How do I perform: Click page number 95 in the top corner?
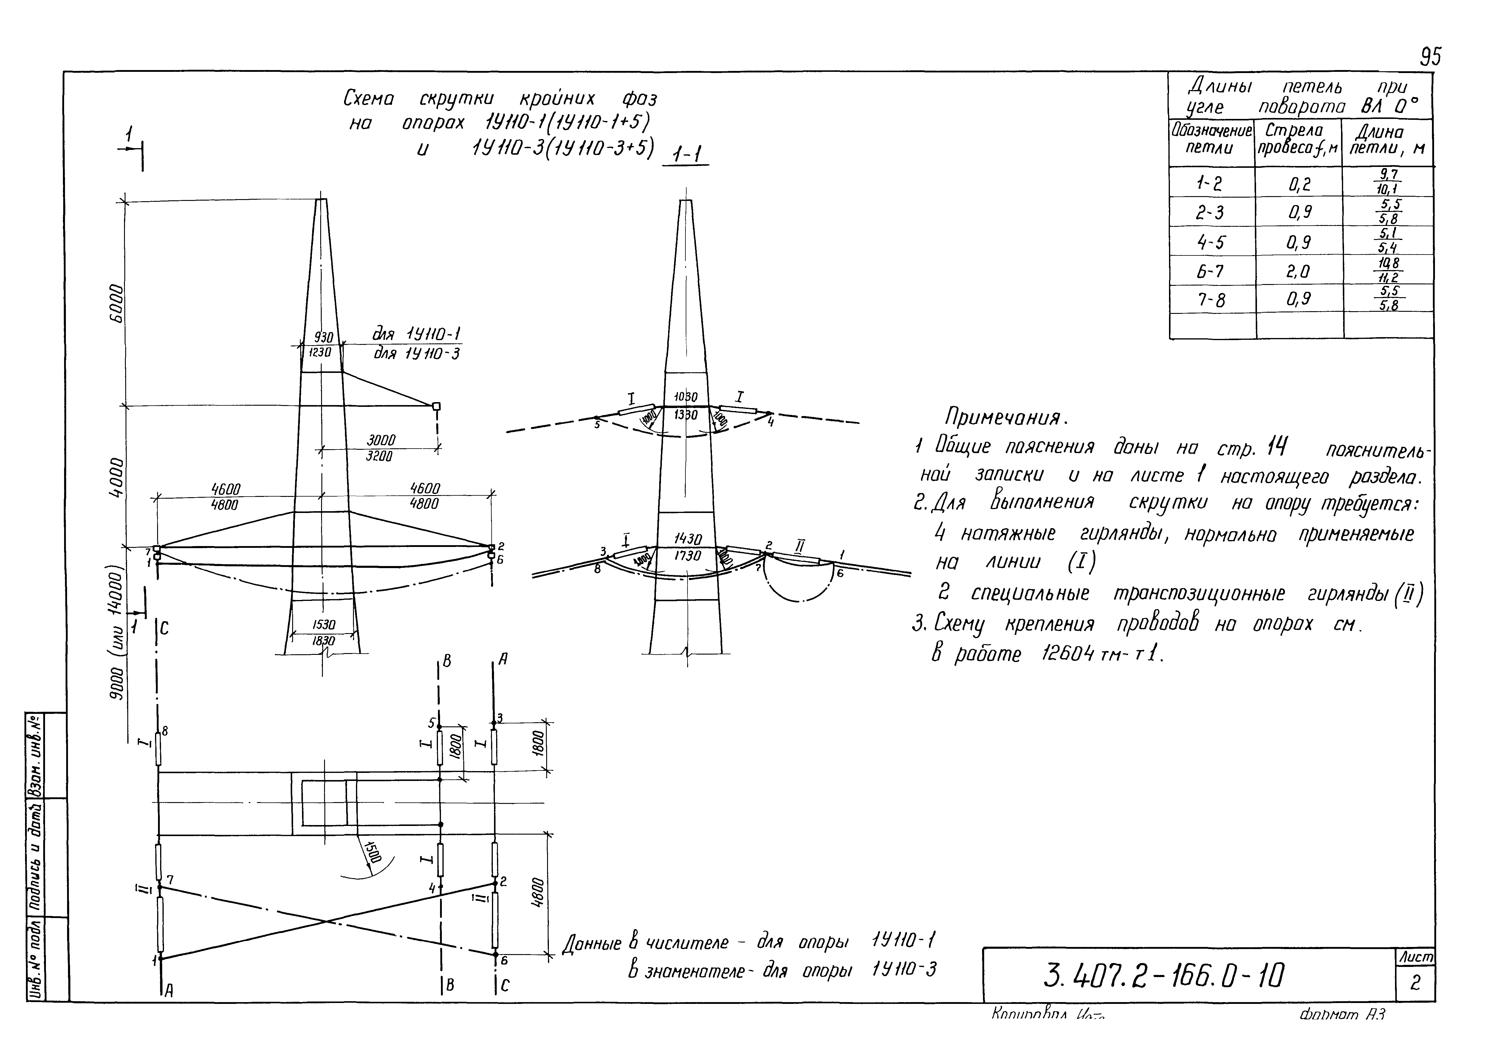(1430, 57)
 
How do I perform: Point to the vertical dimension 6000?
(116, 303)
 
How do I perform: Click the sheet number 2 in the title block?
(1415, 983)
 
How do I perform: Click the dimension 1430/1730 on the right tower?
(687, 547)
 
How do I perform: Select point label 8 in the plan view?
(165, 731)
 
